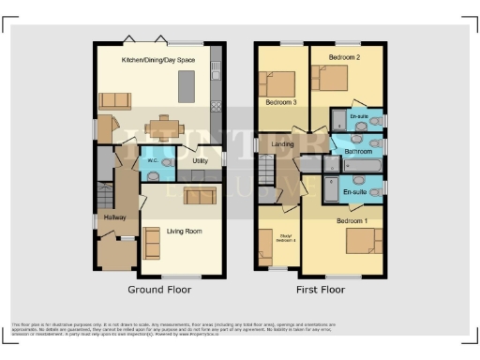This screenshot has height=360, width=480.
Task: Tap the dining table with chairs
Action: pos(165,125)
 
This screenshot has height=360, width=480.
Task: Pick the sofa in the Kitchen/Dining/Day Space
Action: pos(114,100)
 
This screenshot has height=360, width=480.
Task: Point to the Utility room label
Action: pos(199,161)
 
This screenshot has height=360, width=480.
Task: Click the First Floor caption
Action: pos(321,290)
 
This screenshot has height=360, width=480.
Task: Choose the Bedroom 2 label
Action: pos(343,58)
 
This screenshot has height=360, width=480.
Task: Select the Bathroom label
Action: pos(358,151)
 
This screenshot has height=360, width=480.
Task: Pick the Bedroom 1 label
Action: pos(352,220)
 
